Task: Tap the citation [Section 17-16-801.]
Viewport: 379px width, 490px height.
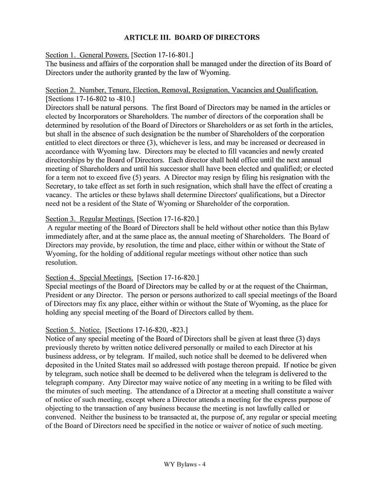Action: pos(157,55)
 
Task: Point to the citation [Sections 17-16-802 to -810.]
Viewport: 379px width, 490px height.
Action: pos(87,99)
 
